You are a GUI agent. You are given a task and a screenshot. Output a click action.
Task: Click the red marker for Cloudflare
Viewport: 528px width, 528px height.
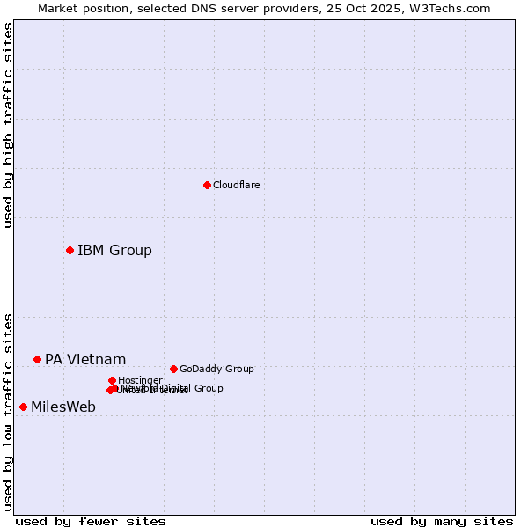pyautogui.click(x=207, y=185)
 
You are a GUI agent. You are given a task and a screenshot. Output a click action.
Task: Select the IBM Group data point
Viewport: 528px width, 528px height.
pyautogui.click(x=70, y=250)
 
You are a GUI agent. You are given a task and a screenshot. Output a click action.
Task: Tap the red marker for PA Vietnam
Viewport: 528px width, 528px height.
pyautogui.click(x=37, y=359)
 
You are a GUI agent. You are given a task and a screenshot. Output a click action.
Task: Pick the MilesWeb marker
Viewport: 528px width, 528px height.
pyautogui.click(x=23, y=407)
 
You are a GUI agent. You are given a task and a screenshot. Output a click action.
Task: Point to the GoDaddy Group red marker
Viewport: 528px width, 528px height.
pyautogui.click(x=173, y=369)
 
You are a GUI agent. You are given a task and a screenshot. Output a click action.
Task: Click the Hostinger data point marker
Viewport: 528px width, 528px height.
pyautogui.click(x=112, y=380)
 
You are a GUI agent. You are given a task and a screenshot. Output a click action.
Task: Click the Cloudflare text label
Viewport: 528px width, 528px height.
pyautogui.click(x=236, y=185)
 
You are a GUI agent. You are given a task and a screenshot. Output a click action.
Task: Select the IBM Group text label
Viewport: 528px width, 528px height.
pyautogui.click(x=114, y=250)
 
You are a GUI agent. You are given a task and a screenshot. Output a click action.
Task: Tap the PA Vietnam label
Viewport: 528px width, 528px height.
pyautogui.click(x=85, y=359)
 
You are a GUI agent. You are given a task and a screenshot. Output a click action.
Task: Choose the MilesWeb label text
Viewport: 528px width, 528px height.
pyautogui.click(x=63, y=407)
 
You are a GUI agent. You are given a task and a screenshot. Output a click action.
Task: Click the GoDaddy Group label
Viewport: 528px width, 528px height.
pyautogui.click(x=216, y=369)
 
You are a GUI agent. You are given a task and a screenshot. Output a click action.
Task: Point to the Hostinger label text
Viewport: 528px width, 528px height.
pyautogui.click(x=140, y=380)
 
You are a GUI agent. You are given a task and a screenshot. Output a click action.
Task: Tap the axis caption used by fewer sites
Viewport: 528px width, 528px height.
pyautogui.click(x=91, y=521)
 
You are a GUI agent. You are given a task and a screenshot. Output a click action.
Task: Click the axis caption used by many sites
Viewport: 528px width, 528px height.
pyautogui.click(x=442, y=521)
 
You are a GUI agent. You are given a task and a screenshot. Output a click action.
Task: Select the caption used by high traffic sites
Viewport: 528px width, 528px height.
pyautogui.click(x=8, y=125)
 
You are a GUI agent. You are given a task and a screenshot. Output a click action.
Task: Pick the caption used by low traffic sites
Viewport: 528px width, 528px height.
pyautogui.click(x=8, y=412)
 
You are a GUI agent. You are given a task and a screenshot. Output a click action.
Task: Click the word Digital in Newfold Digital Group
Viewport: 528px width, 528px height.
pyautogui.click(x=176, y=388)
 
